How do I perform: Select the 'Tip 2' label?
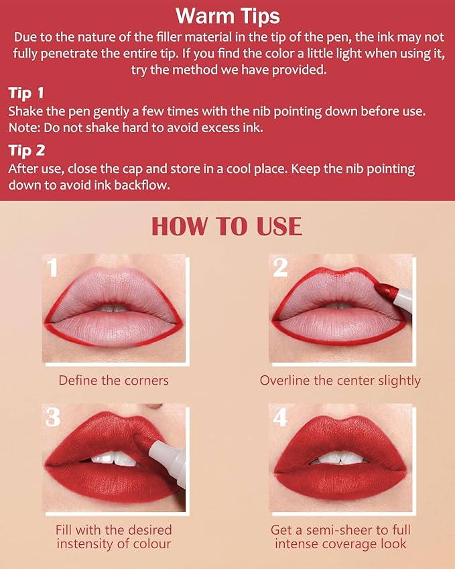tap(26, 151)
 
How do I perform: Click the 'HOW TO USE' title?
tap(227, 227)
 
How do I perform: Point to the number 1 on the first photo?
tap(53, 269)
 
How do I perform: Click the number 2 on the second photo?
tap(280, 267)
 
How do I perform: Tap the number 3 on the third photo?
tap(53, 417)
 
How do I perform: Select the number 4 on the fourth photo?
tap(280, 417)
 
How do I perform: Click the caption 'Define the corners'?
tap(113, 381)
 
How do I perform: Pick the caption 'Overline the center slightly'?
tap(340, 381)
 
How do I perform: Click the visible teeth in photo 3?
tap(114, 459)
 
